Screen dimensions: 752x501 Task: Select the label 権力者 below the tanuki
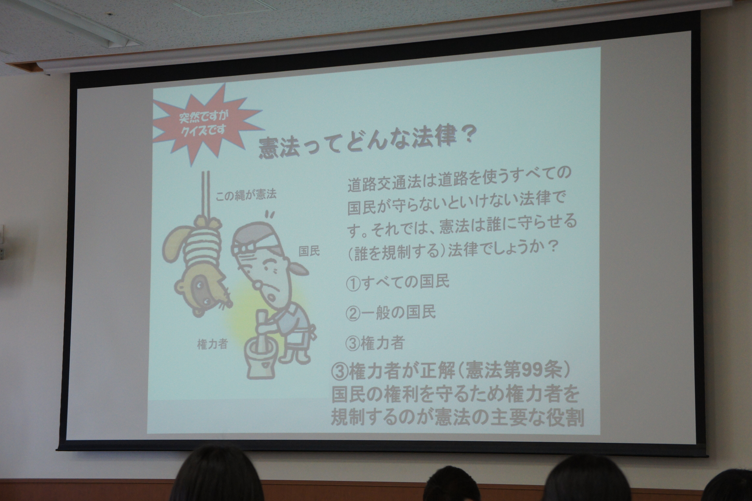tap(212, 344)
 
